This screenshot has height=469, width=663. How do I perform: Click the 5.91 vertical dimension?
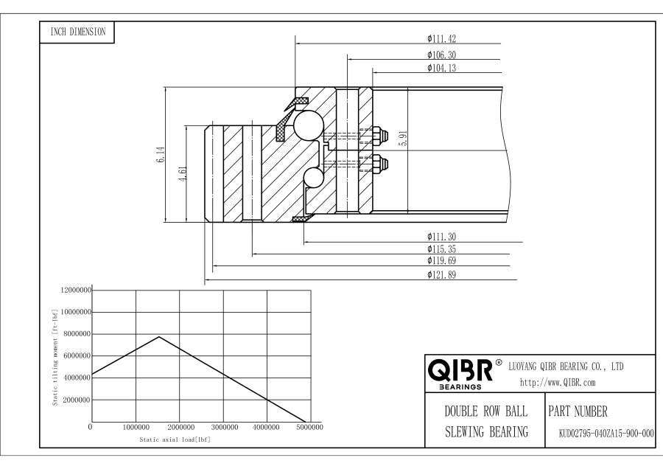(x=402, y=139)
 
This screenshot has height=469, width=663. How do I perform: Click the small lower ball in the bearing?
(x=314, y=177)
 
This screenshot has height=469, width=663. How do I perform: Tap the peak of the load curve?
(x=158, y=337)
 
